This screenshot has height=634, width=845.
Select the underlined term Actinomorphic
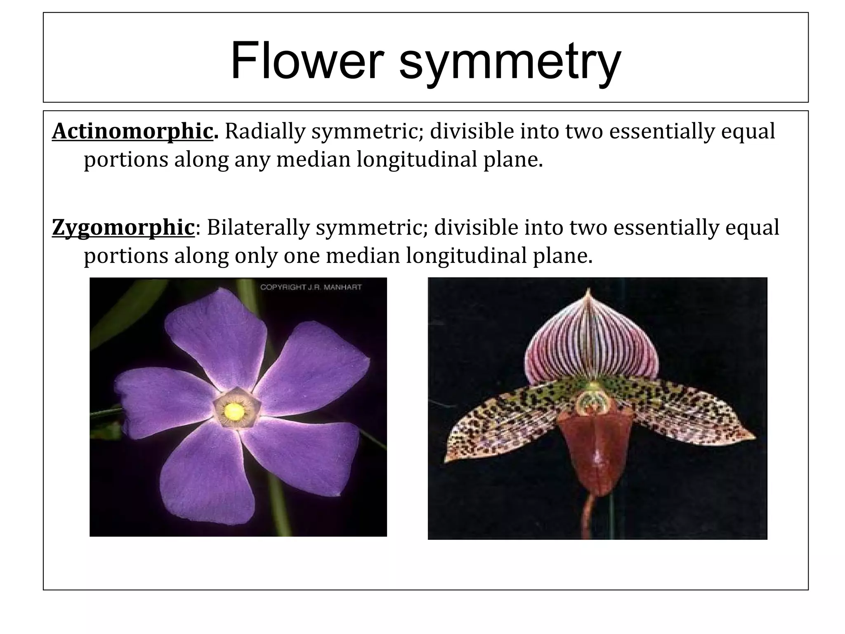click(132, 131)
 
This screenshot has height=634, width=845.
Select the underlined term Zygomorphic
click(123, 227)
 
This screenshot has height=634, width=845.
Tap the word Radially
click(264, 131)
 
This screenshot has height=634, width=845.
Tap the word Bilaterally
click(258, 227)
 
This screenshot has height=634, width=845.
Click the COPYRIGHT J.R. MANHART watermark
click(311, 287)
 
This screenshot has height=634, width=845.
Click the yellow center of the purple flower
click(234, 411)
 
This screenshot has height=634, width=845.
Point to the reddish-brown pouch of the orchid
click(594, 450)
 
